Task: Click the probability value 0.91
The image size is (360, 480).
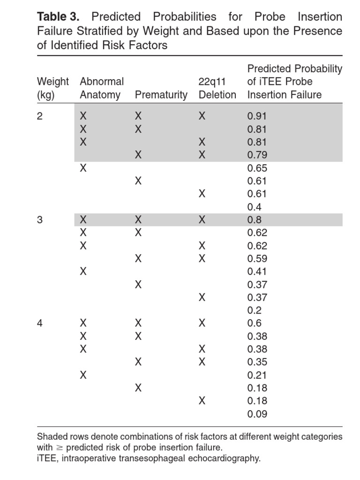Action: click(256, 116)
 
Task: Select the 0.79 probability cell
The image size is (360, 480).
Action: click(256, 155)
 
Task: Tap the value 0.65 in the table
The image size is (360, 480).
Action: click(256, 168)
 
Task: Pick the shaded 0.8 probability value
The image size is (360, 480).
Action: click(254, 220)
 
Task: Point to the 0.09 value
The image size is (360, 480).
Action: click(256, 414)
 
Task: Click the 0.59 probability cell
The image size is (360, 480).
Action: click(256, 258)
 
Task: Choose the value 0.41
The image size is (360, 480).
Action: click(256, 271)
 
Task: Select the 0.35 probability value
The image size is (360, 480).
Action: click(256, 362)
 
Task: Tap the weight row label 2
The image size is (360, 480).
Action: click(40, 116)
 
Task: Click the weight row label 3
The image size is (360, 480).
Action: click(40, 220)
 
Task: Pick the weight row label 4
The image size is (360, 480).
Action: click(40, 323)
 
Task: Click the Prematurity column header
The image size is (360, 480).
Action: click(161, 95)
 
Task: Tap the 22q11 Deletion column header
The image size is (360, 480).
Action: click(217, 88)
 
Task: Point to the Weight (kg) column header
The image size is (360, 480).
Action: click(52, 88)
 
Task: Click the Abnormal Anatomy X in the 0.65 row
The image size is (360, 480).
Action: click(83, 168)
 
